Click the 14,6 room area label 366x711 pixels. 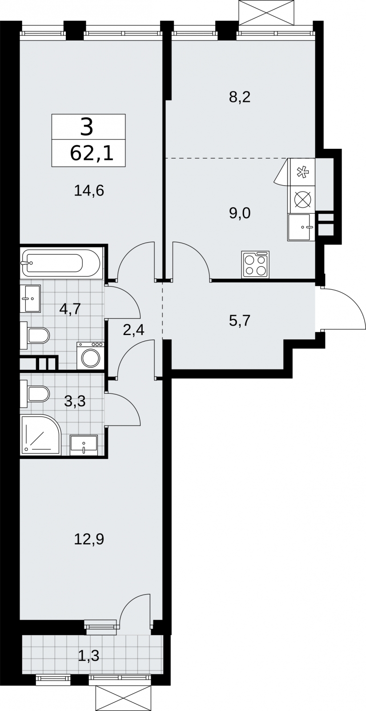[x=89, y=192]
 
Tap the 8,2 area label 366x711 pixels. [x=240, y=97]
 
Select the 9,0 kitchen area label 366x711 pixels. [x=240, y=213]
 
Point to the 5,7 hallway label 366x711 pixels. [x=240, y=321]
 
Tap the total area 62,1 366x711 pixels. [x=92, y=154]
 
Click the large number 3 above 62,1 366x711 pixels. [x=87, y=126]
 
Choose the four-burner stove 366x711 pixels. [x=255, y=264]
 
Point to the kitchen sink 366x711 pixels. [x=299, y=227]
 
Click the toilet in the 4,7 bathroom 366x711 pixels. [x=35, y=335]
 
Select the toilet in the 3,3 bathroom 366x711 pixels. [x=35, y=394]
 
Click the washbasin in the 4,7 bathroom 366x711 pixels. [x=31, y=299]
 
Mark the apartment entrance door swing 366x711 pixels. [x=343, y=309]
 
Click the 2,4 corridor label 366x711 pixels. [x=134, y=330]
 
